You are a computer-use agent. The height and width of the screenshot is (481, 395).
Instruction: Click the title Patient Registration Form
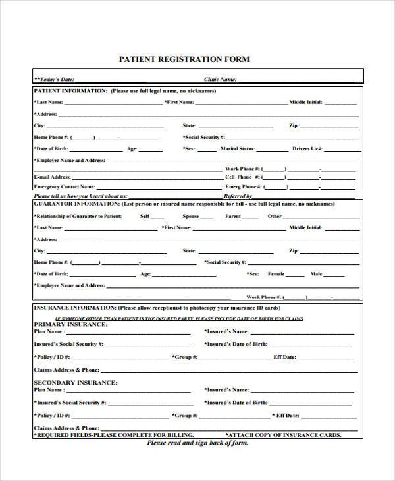pyautogui.click(x=184, y=59)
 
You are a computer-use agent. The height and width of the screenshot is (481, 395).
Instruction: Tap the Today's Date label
pyautogui.click(x=57, y=79)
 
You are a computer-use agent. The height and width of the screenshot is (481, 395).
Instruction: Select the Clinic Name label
pyautogui.click(x=220, y=79)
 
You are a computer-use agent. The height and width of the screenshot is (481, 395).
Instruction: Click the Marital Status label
pyautogui.click(x=238, y=149)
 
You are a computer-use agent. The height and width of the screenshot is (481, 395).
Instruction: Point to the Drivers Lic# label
pyautogui.click(x=307, y=149)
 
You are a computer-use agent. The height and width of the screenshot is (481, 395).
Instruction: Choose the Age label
pyautogui.click(x=132, y=149)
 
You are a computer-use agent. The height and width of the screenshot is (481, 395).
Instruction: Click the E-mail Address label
pyautogui.click(x=52, y=177)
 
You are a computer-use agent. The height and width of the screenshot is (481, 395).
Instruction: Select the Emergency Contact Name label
pyautogui.click(x=64, y=187)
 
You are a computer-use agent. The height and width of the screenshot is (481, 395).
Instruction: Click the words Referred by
pyautogui.click(x=238, y=196)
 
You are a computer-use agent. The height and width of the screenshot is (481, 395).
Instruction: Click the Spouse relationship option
pyautogui.click(x=191, y=217)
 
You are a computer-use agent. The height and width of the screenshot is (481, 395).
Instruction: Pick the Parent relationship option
pyautogui.click(x=233, y=217)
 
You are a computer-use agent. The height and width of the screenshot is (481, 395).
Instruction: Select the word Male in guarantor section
pyautogui.click(x=317, y=274)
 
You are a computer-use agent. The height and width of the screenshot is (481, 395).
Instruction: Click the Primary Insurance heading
pyautogui.click(x=70, y=325)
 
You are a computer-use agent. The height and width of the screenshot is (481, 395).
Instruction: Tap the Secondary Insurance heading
pyautogui.click(x=76, y=382)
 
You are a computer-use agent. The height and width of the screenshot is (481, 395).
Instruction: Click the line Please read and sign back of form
pyautogui.click(x=197, y=443)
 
